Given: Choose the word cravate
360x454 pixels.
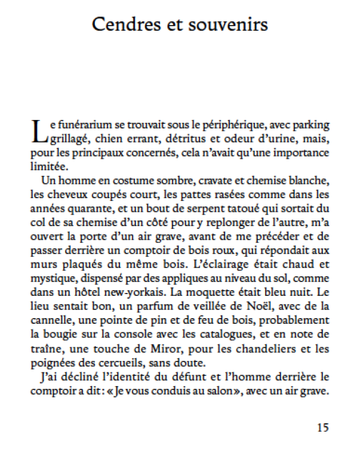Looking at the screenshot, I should pos(219,182).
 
